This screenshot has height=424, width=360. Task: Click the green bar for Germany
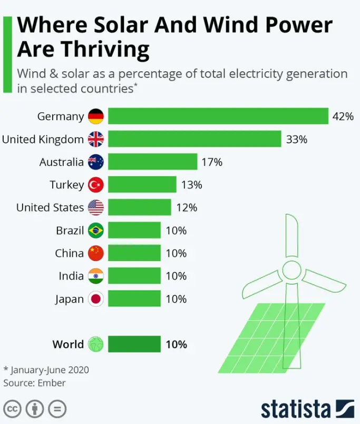tap(219, 116)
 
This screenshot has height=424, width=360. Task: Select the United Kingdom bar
tap(194, 139)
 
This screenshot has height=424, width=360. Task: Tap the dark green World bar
tap(134, 344)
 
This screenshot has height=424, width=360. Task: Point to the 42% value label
tap(343, 117)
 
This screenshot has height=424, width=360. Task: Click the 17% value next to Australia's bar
tap(212, 162)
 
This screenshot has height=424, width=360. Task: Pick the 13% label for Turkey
tap(191, 185)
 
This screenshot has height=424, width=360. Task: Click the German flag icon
tap(96, 117)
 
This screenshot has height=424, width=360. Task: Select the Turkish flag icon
tap(96, 185)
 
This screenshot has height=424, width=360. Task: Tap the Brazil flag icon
tap(96, 230)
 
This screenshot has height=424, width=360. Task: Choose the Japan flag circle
tap(96, 299)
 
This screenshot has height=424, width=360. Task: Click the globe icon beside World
tap(96, 344)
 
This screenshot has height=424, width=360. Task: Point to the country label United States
tap(50, 207)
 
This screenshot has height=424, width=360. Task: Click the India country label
tap(71, 276)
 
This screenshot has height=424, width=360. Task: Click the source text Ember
tap(51, 383)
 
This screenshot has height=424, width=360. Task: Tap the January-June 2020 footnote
tap(50, 370)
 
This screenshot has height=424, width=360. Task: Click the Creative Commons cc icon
tap(13, 409)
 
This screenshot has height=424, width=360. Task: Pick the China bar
tap(134, 253)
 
